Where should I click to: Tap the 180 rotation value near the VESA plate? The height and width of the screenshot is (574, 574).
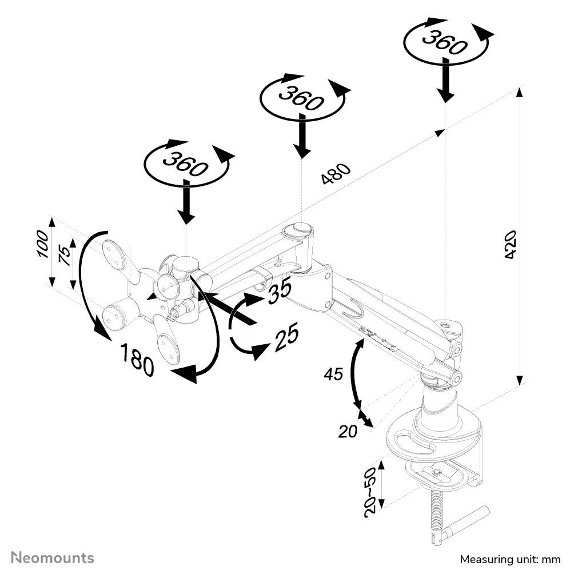(137, 360)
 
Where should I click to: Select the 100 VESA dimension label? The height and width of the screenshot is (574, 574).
(43, 244)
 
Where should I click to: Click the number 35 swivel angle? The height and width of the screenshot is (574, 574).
(278, 292)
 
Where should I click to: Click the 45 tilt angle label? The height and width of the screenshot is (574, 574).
(333, 374)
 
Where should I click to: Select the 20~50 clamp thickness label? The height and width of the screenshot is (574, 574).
(370, 491)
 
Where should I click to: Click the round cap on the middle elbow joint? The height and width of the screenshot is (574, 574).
(299, 230)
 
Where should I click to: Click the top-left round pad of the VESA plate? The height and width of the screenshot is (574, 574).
(114, 252)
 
